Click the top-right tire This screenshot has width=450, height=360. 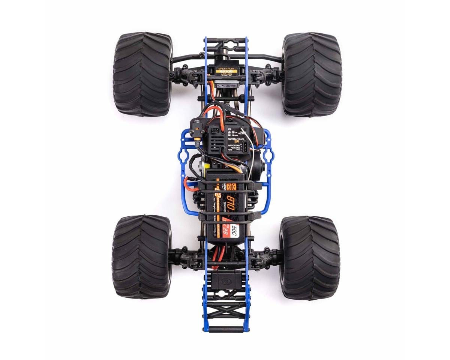[x=312, y=74]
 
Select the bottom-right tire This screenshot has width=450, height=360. [x=309, y=258]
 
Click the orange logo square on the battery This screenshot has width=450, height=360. [x=231, y=186]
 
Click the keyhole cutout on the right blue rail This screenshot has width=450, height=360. [x=268, y=156]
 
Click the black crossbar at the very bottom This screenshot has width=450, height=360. [x=226, y=329]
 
